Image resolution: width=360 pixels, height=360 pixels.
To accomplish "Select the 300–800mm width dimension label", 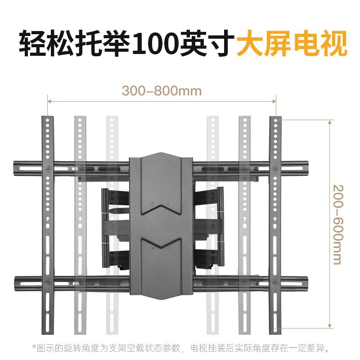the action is tap(162, 91).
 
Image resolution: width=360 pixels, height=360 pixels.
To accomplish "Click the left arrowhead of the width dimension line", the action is tap(50, 102).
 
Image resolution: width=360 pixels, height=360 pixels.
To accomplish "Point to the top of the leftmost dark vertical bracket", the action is tap(48, 120).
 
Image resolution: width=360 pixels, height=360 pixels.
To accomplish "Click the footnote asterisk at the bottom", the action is tap(33, 348).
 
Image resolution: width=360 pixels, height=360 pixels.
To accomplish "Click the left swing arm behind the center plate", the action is tap(115, 225).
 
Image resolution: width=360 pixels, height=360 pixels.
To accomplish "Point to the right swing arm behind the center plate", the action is tap(209, 225).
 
